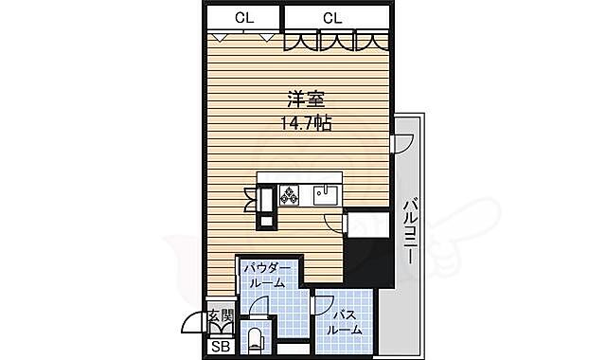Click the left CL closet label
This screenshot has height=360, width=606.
(243, 17)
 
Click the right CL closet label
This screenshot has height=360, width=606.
(332, 17)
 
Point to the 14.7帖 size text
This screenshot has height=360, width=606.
(304, 122)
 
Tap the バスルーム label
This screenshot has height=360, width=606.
(345, 322)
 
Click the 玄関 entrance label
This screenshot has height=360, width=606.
(219, 316)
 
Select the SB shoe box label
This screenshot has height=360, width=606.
(220, 348)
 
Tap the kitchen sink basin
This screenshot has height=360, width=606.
(327, 194)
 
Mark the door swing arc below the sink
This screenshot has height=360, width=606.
(333, 223)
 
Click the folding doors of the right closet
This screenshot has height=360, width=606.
(336, 42)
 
